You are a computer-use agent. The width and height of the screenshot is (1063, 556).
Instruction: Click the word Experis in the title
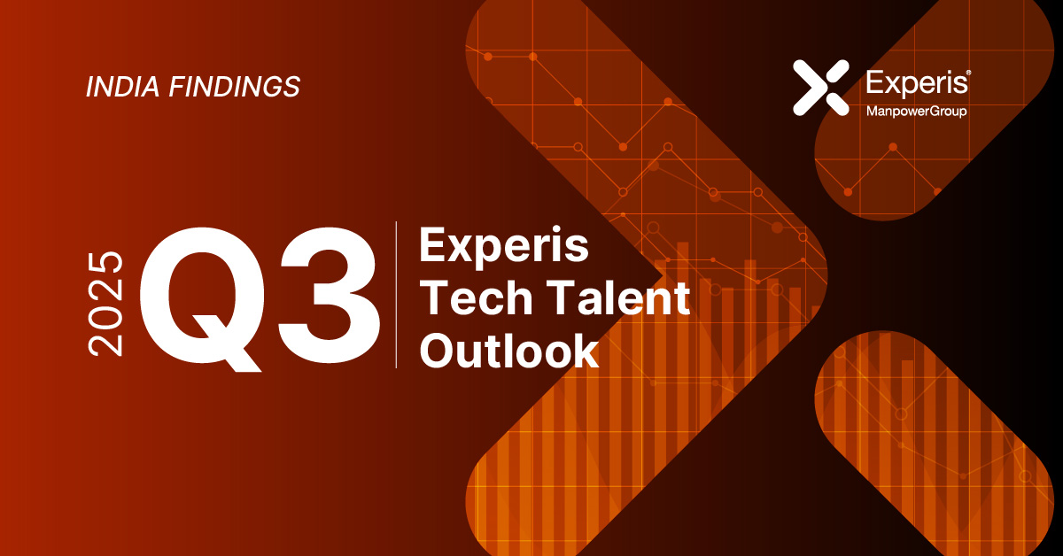(x=503, y=245)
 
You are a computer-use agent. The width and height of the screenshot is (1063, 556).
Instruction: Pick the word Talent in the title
(x=611, y=298)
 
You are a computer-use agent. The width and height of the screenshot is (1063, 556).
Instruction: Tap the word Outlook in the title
(x=508, y=351)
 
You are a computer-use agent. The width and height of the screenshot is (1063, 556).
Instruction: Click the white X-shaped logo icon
(x=821, y=87)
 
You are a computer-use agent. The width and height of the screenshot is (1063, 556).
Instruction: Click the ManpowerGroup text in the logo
(x=915, y=111)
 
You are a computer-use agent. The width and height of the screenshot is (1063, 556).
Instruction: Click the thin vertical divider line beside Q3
(x=396, y=294)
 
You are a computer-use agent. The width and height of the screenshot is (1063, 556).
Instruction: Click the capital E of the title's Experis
(x=431, y=245)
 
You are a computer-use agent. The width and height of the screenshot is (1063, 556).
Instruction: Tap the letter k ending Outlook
(x=586, y=351)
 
